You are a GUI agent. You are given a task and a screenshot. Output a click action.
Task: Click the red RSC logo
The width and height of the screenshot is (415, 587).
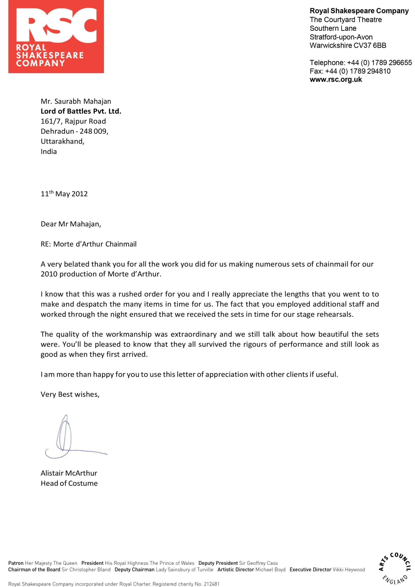pos(56,36)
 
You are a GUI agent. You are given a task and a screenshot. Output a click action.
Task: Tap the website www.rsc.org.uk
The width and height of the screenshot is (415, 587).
pos(335,80)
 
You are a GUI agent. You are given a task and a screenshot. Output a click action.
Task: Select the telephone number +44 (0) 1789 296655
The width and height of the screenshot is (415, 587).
pos(379,63)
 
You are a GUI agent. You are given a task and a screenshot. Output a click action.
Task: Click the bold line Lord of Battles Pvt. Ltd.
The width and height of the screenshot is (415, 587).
pos(81,111)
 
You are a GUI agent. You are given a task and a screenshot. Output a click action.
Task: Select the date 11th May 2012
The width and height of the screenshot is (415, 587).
pos(64,194)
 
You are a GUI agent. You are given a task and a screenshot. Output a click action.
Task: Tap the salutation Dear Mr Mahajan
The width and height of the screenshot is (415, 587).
pos(71,224)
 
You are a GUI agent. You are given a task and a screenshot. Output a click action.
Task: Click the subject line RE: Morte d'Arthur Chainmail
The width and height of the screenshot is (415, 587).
pos(89,244)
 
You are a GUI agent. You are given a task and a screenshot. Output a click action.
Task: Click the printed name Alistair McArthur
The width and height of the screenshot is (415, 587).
pos(69,473)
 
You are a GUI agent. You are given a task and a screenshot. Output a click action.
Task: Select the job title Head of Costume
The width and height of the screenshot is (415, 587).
pos(69,483)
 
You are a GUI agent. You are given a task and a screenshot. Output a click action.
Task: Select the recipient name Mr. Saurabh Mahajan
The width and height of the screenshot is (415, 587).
pos(76,101)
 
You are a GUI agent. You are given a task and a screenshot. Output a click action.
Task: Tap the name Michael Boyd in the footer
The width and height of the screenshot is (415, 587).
pos(270,570)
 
